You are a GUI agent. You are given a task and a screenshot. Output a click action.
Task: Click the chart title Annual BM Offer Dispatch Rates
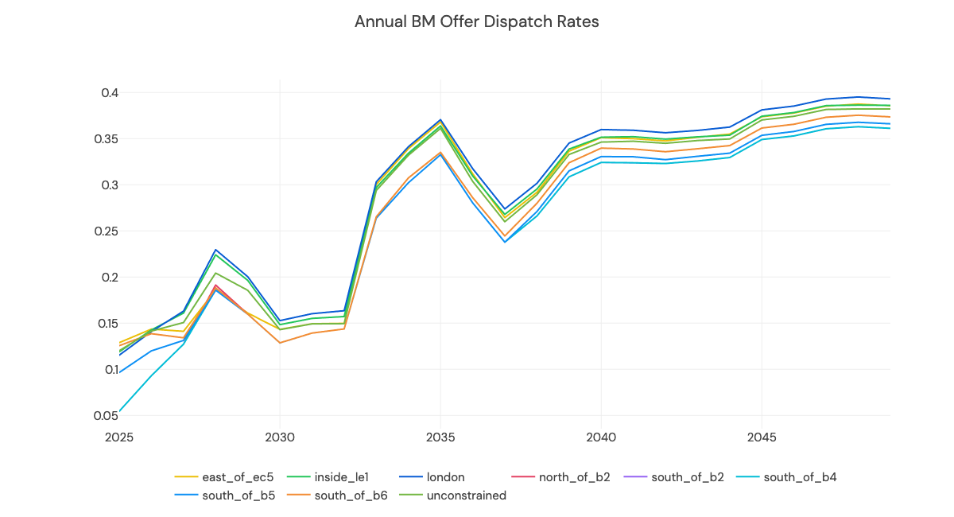point(476,21)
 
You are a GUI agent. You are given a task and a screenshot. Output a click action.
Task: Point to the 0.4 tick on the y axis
point(109,93)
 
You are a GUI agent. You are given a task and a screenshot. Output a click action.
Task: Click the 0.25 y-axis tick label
point(106,231)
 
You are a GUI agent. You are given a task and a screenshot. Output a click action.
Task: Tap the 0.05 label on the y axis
point(106,416)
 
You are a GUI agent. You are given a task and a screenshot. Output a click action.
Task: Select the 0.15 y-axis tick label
point(106,324)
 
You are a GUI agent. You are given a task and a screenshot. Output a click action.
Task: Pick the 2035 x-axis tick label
point(440,437)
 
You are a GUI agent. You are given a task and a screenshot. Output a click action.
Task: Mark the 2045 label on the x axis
point(762,437)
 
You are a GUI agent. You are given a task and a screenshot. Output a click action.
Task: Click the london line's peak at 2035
point(440,120)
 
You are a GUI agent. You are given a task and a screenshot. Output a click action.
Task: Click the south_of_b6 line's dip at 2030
point(280,343)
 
